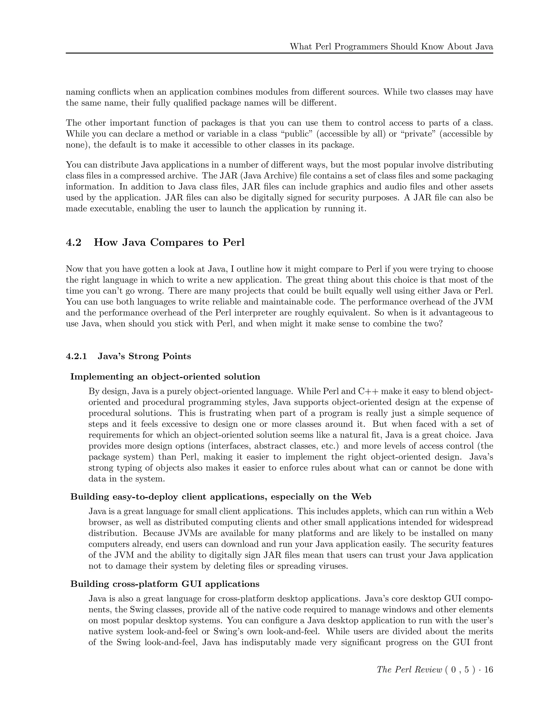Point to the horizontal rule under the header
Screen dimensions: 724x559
click(279, 53)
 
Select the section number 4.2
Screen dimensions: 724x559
click(73, 242)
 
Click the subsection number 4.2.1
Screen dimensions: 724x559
click(76, 356)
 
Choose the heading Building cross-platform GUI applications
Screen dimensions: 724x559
click(165, 584)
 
